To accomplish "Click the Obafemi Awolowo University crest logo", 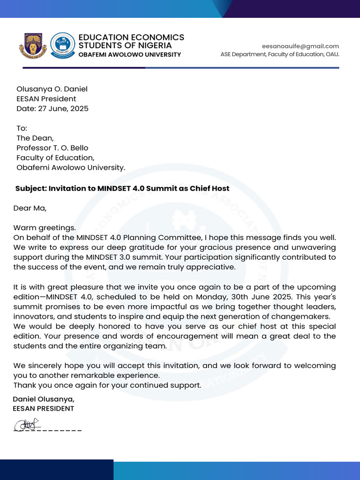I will [33, 45].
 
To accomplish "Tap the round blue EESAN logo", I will [62, 45].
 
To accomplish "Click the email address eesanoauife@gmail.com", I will [300, 46].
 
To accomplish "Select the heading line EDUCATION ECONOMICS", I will [131, 37].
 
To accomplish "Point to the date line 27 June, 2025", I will [52, 109].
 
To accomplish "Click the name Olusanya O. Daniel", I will [52, 89].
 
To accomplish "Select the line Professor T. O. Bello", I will [52, 148].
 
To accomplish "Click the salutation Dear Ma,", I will [30, 208].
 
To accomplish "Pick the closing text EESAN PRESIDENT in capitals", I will [43, 408].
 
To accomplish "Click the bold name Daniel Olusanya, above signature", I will [44, 399].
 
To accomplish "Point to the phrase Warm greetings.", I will [44, 228].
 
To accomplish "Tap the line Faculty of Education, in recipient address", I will [55, 158].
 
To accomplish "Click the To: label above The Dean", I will [22, 128].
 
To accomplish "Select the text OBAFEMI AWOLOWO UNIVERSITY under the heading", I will [129, 55].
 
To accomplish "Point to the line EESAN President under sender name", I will [46, 99].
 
